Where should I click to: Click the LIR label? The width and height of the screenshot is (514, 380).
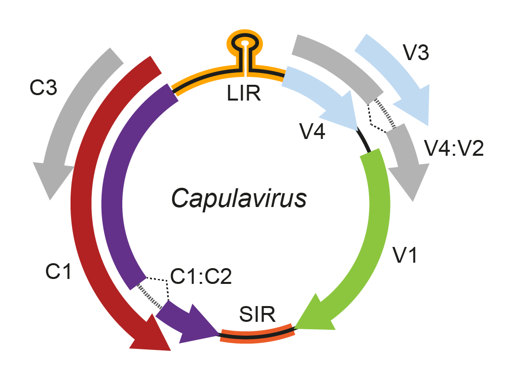click(244, 93)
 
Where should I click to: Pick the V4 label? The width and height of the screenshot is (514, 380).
click(312, 132)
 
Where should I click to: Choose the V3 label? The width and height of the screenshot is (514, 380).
click(416, 53)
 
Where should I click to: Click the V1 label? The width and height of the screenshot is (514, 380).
click(405, 254)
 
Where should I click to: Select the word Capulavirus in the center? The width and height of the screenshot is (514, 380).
click(239, 199)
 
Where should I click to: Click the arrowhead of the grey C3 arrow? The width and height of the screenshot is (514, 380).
click(50, 179)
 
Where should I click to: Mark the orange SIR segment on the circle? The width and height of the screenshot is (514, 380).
click(257, 335)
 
